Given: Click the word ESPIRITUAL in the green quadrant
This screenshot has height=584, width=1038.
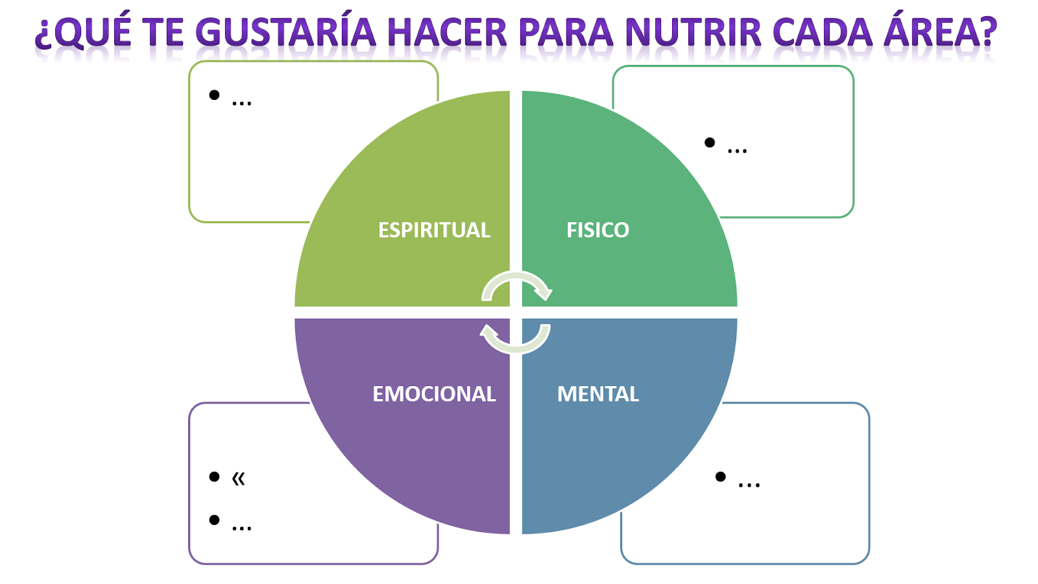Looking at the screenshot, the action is pyautogui.click(x=434, y=230).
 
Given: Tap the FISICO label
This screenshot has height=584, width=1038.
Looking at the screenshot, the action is pyautogui.click(x=597, y=230).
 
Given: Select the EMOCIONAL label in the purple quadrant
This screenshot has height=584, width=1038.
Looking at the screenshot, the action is pyautogui.click(x=434, y=394).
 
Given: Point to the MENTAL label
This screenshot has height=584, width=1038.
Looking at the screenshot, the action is pyautogui.click(x=597, y=394).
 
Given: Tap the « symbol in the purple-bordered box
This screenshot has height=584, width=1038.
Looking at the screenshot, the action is pyautogui.click(x=238, y=478).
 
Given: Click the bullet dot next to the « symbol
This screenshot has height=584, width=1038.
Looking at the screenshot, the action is pyautogui.click(x=214, y=476).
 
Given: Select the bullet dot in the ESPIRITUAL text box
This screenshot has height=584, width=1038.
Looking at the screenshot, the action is pyautogui.click(x=214, y=95).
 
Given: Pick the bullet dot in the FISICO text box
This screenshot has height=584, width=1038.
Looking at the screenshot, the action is pyautogui.click(x=710, y=142).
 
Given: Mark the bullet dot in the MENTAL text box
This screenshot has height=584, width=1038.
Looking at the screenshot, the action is pyautogui.click(x=720, y=476).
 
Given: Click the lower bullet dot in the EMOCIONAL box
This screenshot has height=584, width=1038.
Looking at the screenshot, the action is pyautogui.click(x=214, y=520).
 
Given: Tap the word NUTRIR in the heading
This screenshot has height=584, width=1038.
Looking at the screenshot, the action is pyautogui.click(x=693, y=32).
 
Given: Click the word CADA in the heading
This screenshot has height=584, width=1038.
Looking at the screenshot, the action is pyautogui.click(x=823, y=32).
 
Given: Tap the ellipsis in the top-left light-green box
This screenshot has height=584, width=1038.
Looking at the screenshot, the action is pyautogui.click(x=241, y=103).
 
